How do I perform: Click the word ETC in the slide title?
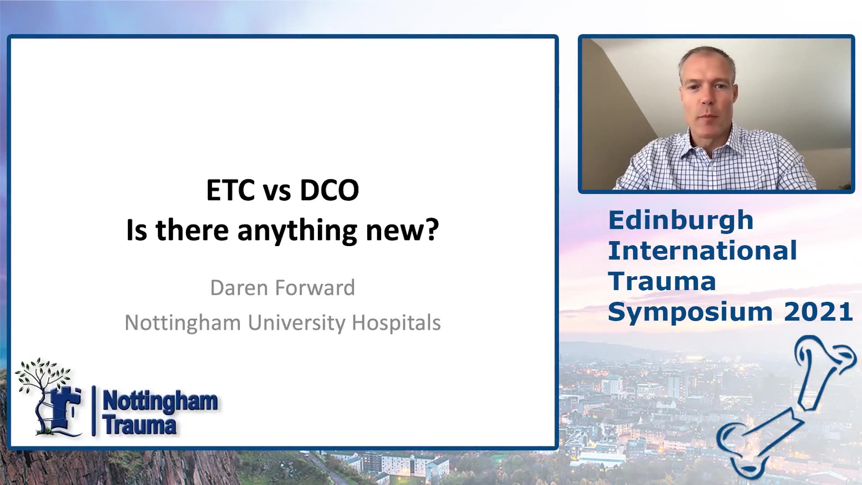point(230,190)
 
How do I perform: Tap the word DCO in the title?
point(330,190)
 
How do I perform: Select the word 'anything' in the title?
point(297,231)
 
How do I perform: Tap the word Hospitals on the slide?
point(396,322)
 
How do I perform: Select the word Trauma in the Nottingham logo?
point(139,424)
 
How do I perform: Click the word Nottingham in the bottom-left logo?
point(160,401)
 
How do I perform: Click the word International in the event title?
point(703,251)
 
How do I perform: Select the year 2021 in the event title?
point(818,312)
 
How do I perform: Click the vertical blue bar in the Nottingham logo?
point(93,411)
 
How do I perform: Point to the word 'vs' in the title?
point(277,191)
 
